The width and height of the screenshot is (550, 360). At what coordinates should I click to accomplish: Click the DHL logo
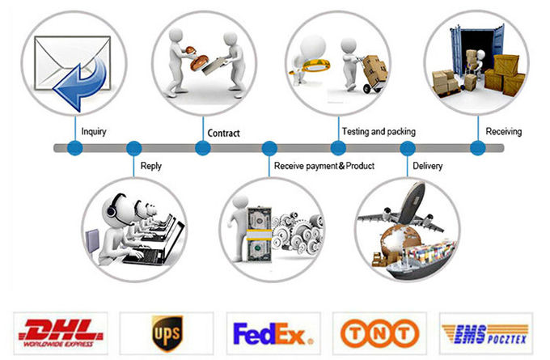coord(61,333)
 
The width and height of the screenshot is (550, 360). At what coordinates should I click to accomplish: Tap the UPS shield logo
coord(167,333)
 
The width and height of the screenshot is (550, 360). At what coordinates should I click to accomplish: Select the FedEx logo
coord(273,333)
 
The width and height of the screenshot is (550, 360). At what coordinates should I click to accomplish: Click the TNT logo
coord(380,333)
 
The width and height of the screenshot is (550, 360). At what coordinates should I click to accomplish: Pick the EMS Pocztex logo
coord(485,333)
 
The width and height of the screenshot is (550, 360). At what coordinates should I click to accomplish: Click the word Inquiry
coord(94,132)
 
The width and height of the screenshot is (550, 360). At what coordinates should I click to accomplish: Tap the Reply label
coord(150,166)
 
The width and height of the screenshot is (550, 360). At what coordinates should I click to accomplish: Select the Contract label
coord(223,133)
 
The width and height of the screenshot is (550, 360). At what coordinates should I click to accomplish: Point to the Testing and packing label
coord(379,132)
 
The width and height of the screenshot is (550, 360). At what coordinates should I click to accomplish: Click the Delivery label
coord(427,166)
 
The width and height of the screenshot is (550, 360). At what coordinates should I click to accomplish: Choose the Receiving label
coord(503,132)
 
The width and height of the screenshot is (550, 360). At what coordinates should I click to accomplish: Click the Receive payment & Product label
coord(324,166)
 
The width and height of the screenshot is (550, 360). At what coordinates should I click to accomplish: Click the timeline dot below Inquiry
coord(74,148)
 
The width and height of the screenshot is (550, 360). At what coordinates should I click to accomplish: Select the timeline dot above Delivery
coord(407,148)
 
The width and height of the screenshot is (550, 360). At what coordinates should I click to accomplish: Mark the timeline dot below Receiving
coord(478,148)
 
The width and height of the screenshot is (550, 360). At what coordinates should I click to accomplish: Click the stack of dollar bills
coord(259,235)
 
